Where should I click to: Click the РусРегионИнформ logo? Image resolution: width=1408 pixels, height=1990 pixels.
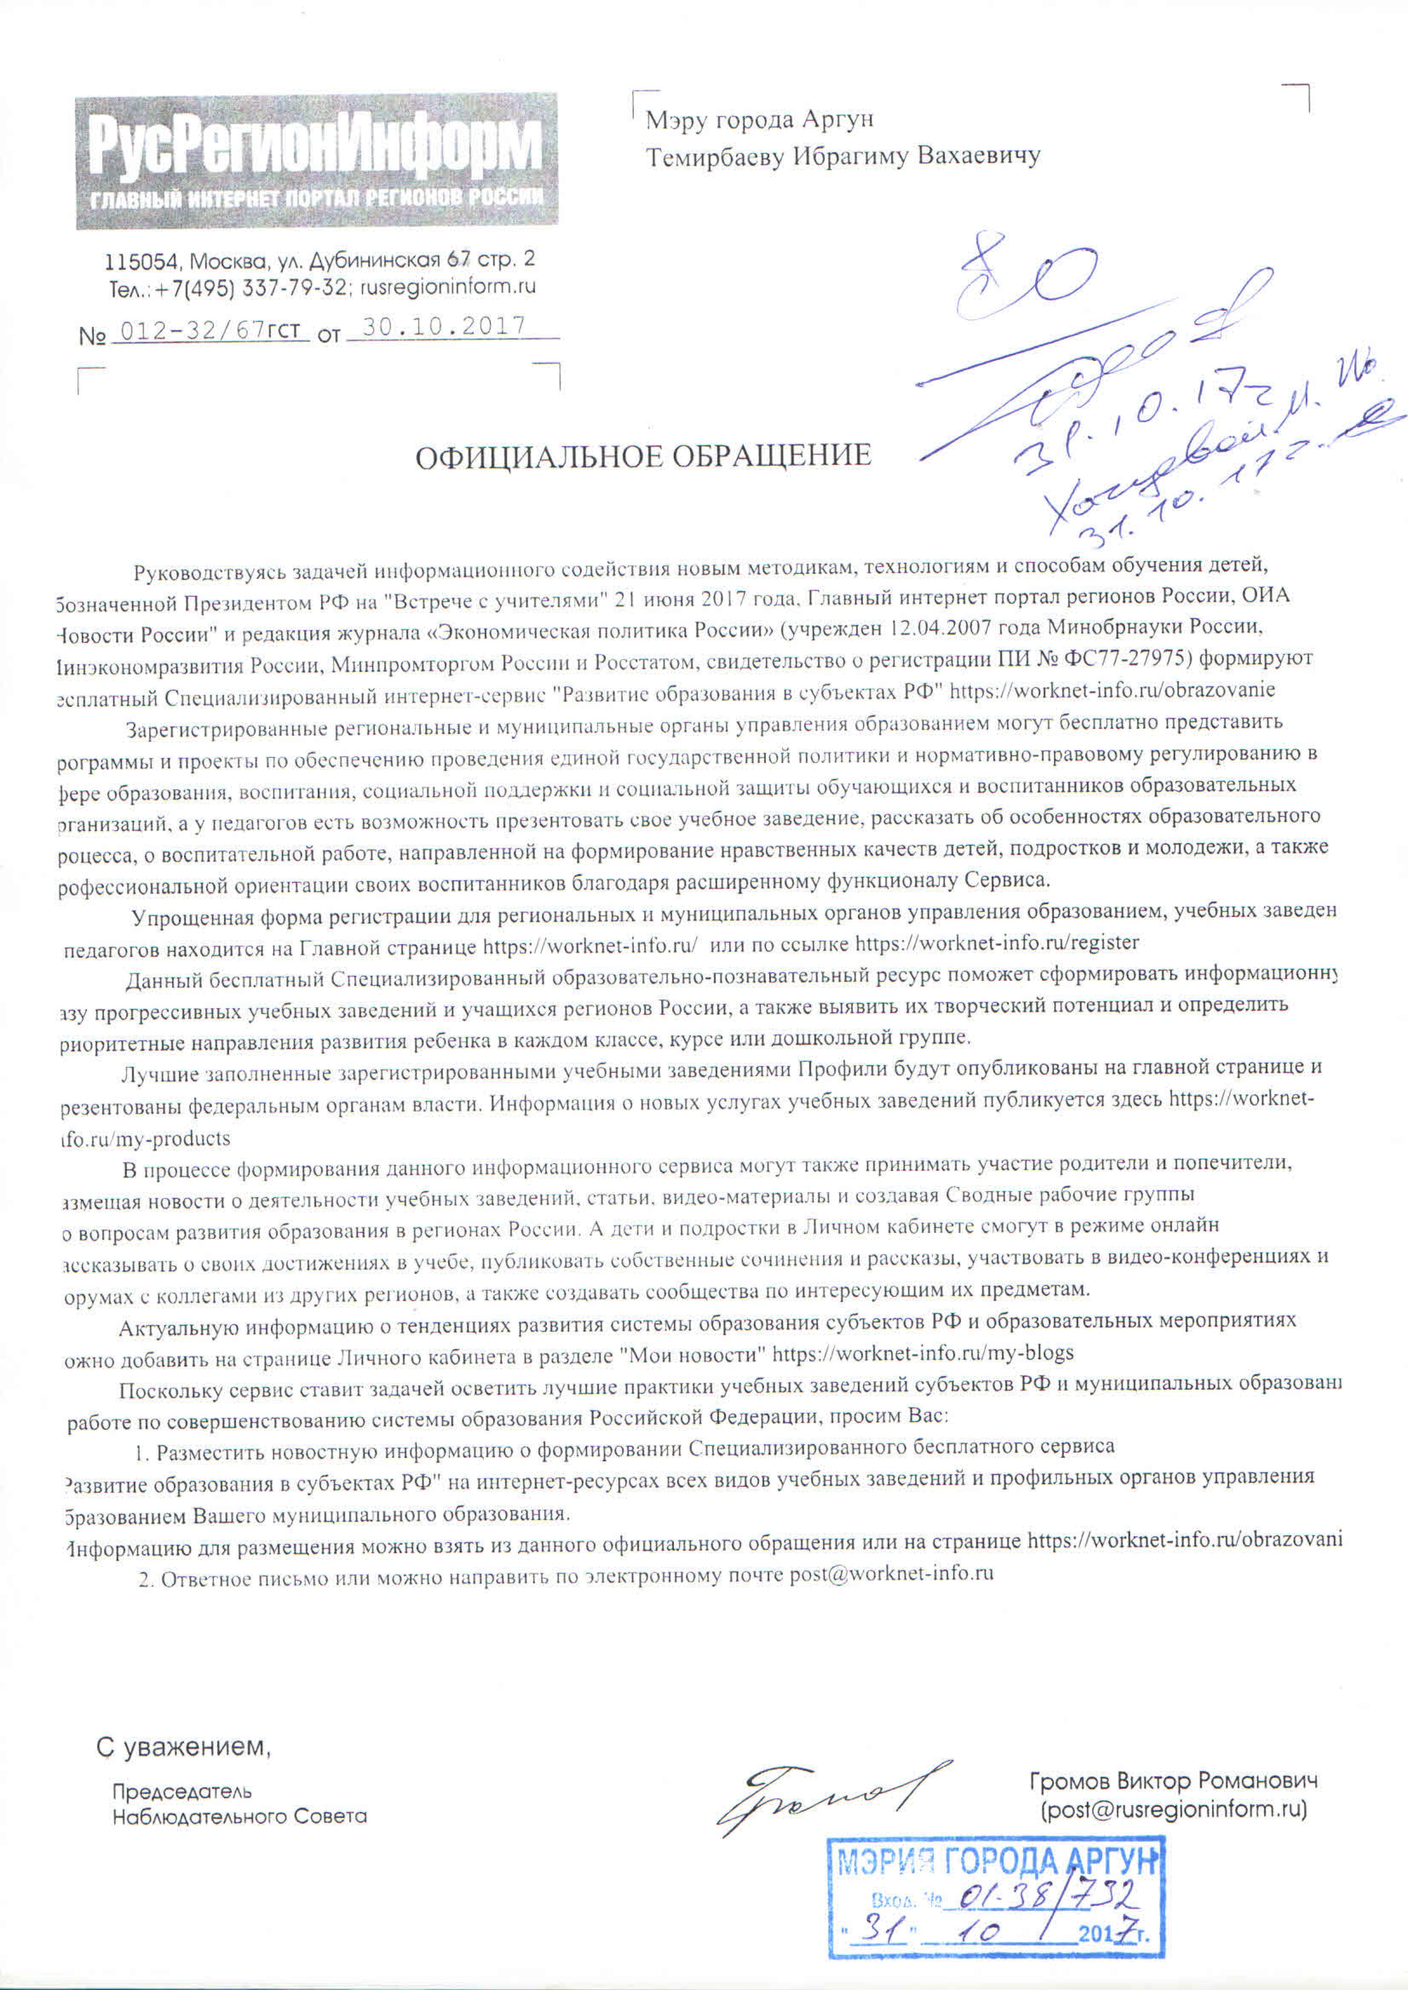[316, 161]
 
